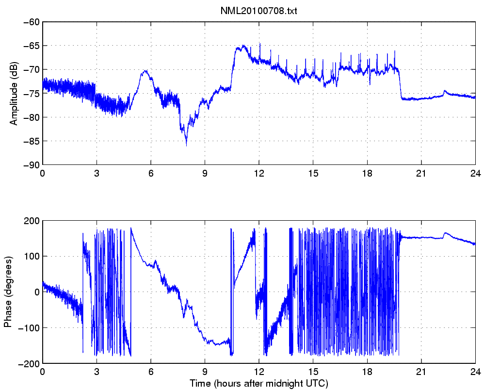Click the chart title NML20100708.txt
(259, 11)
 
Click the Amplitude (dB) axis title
(14, 94)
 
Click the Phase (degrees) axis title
(7, 292)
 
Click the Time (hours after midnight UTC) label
(259, 384)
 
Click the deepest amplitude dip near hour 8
(186, 145)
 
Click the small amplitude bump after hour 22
(445, 91)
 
